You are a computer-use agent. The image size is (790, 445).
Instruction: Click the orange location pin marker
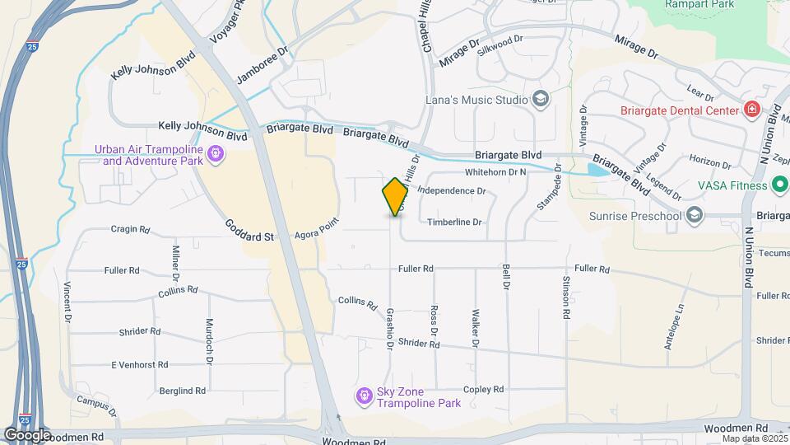(x=395, y=197)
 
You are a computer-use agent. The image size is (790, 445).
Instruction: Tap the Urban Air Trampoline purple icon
(x=216, y=154)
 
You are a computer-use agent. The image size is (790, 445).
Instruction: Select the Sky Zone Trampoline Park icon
(x=364, y=397)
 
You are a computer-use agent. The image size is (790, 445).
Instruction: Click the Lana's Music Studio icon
(x=541, y=101)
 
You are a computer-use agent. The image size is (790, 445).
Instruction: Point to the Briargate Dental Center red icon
(x=750, y=110)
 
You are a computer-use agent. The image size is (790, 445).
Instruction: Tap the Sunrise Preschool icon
(x=695, y=216)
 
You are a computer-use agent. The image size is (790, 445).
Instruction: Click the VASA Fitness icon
(x=778, y=185)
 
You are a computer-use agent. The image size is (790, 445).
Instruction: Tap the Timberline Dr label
(x=454, y=222)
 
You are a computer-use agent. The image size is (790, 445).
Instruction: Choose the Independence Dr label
(x=452, y=191)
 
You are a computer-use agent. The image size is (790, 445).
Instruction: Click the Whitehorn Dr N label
(x=495, y=172)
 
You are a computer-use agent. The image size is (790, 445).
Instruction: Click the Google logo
(x=27, y=434)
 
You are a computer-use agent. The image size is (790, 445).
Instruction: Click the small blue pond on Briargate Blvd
(x=598, y=170)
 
